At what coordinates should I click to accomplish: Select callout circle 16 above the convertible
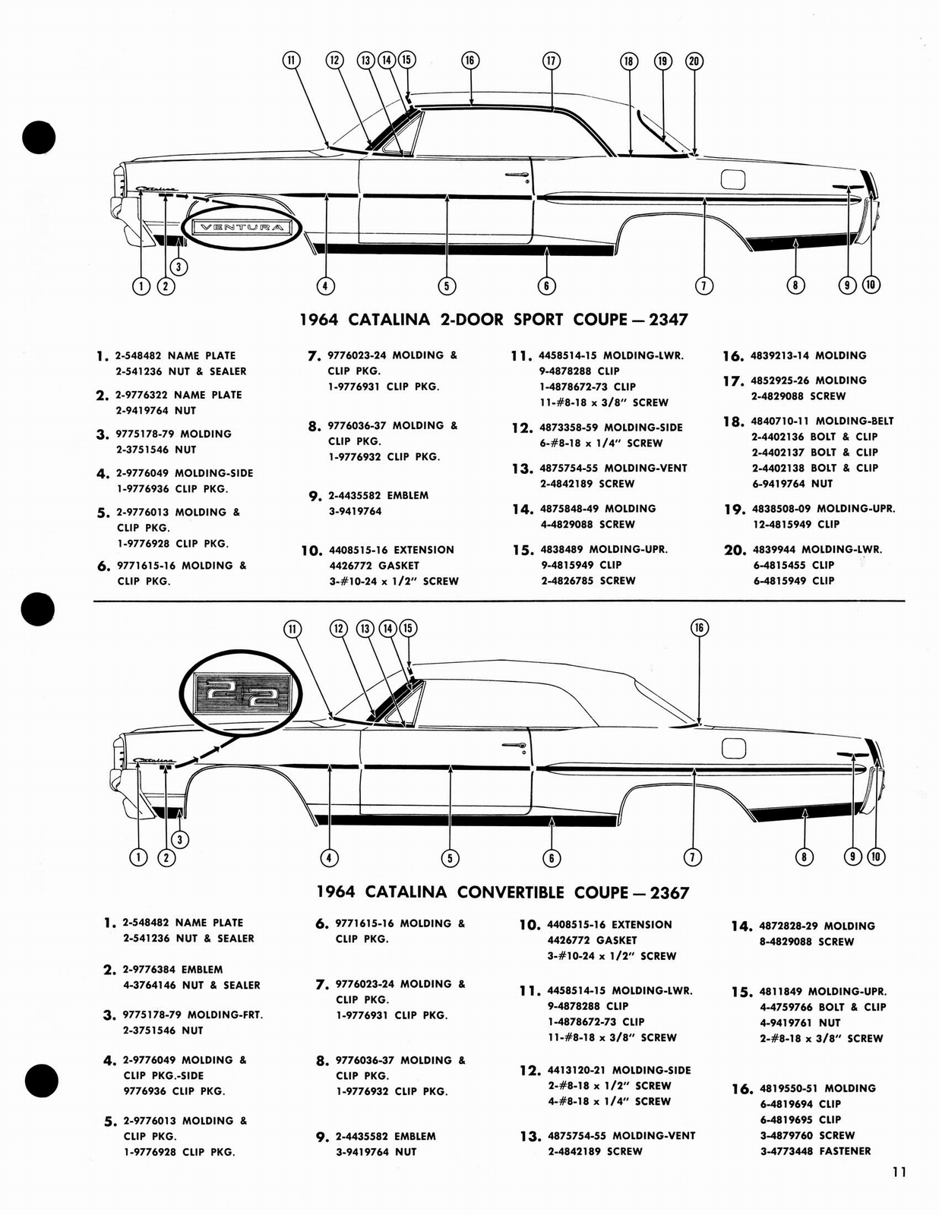(699, 627)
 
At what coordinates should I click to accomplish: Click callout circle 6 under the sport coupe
(546, 286)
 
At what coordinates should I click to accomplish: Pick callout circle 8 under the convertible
(804, 857)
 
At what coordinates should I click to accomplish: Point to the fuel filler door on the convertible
(733, 748)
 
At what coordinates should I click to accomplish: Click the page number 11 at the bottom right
(899, 1172)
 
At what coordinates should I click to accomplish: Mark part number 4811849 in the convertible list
(779, 992)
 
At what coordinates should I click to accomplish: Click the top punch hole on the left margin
(39, 137)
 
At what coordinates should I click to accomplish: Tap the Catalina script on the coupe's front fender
(155, 190)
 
